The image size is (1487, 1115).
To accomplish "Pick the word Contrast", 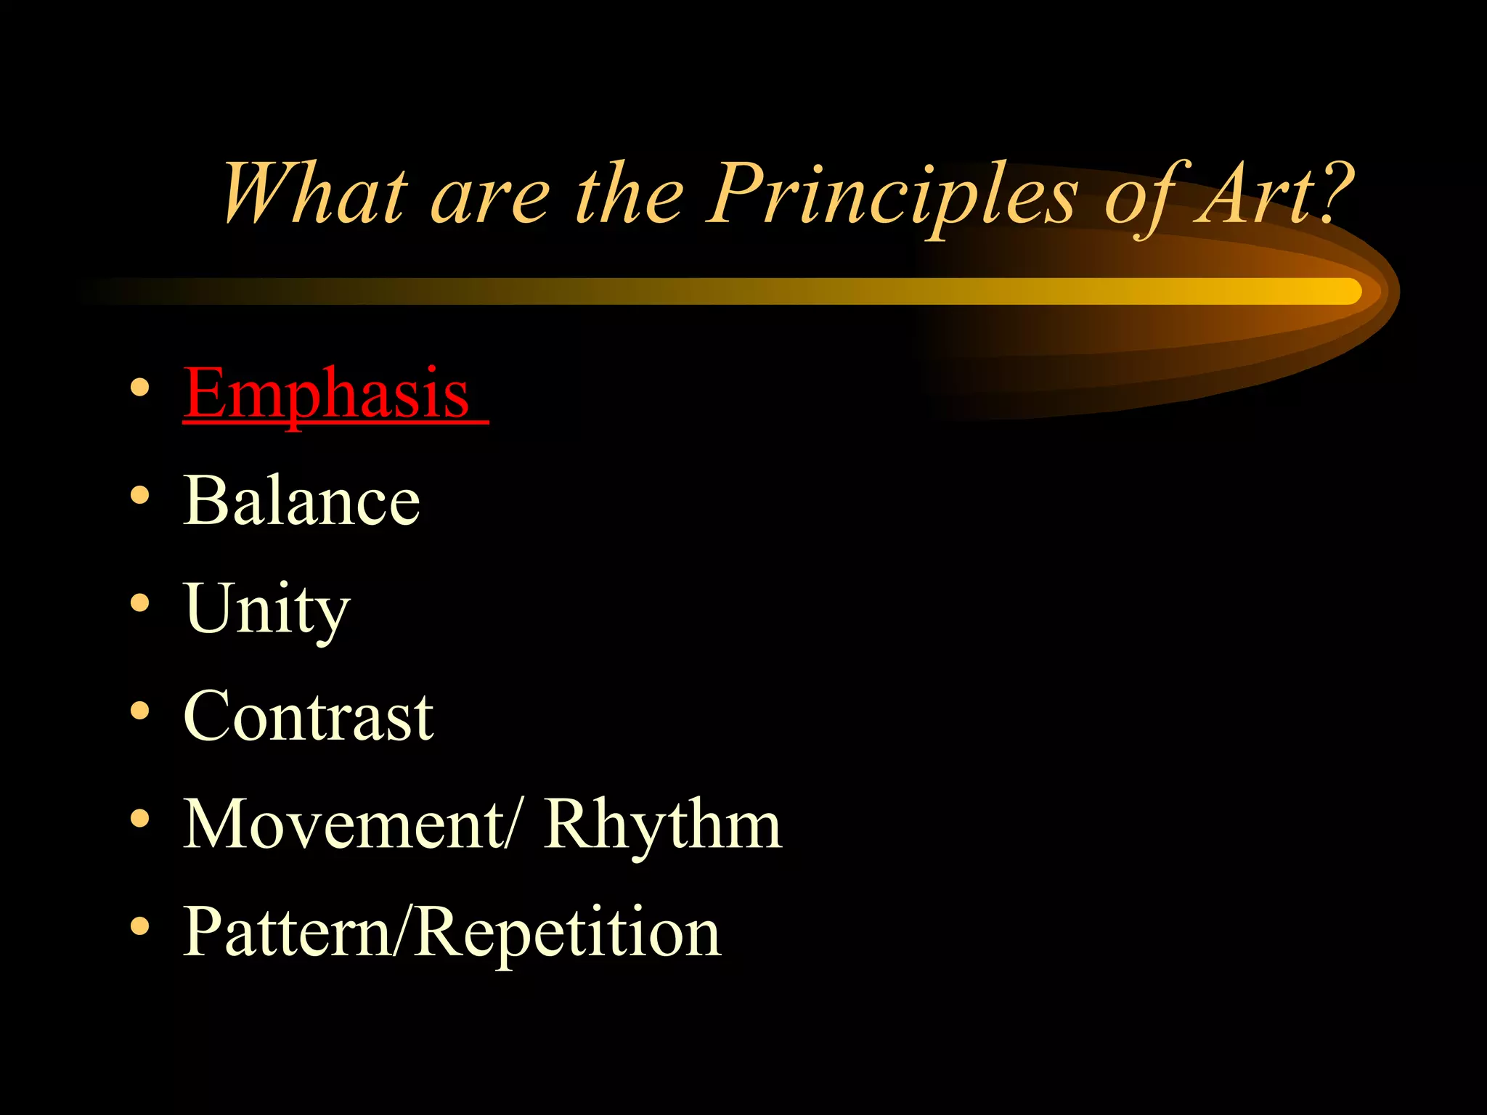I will [308, 716].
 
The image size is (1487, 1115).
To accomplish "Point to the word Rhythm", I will [662, 825].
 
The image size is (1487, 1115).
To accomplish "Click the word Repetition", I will [566, 934].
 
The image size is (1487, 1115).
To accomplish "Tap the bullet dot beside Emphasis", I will [139, 388].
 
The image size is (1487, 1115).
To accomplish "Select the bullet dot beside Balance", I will [139, 496].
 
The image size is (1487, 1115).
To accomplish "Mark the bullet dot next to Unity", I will [139, 603].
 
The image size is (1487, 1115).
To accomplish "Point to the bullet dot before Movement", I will [139, 819].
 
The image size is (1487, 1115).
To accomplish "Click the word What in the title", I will [312, 193].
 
